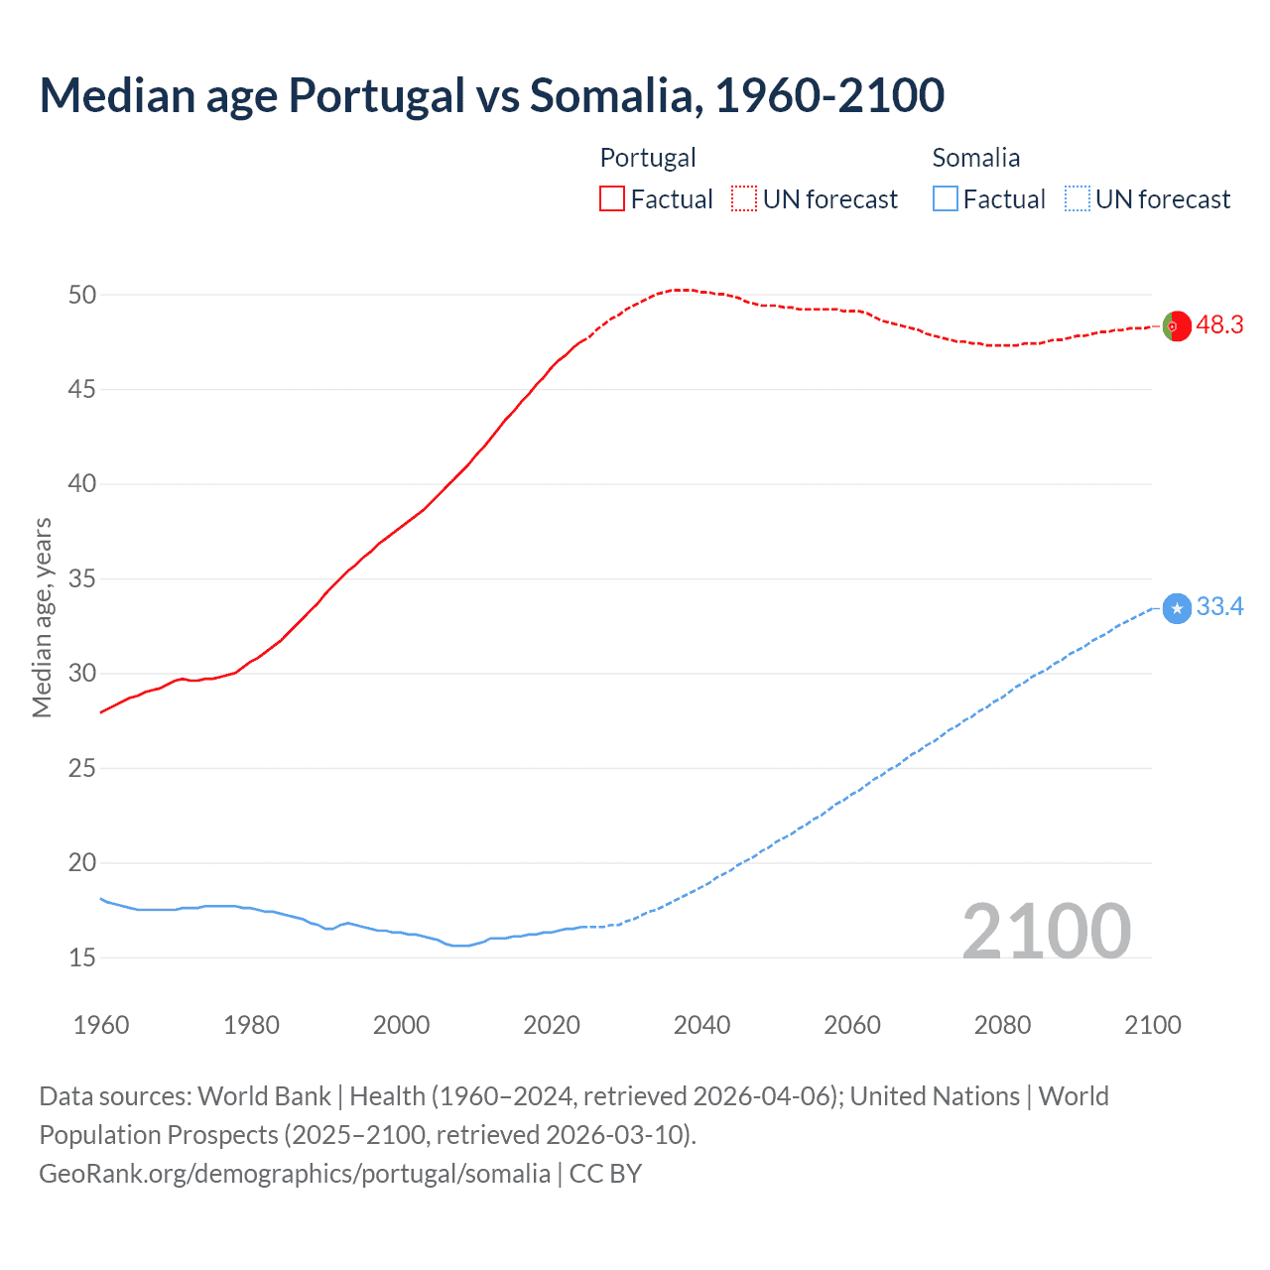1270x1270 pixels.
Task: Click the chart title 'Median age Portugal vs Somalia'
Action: pos(491,95)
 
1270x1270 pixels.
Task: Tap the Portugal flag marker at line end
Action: pos(1177,325)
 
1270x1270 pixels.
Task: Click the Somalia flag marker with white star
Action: pos(1177,608)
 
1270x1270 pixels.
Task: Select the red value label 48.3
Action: pos(1219,325)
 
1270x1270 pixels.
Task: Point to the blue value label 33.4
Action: pos(1219,607)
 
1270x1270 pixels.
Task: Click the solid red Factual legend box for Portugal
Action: pos(612,199)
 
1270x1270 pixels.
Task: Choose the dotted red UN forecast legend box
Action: pos(744,199)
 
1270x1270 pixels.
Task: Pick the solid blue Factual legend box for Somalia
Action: pos(946,199)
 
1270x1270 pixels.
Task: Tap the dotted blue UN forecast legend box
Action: pos(1078,199)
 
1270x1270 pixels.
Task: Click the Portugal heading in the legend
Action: pos(648,158)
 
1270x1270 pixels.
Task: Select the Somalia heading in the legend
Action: pos(976,158)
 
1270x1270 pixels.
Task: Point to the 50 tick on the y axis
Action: pos(82,295)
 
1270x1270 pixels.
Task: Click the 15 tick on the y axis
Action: pos(82,957)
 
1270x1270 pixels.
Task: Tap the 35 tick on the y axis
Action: pos(82,578)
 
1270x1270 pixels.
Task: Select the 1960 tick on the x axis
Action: pos(101,1025)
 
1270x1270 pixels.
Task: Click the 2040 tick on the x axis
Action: pos(701,1025)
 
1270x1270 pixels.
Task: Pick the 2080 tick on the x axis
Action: pos(1002,1025)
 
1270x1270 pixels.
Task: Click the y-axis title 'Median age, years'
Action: pos(42,617)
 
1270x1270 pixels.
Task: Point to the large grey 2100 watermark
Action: pos(1046,931)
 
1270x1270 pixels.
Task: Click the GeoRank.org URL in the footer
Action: pos(295,1174)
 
